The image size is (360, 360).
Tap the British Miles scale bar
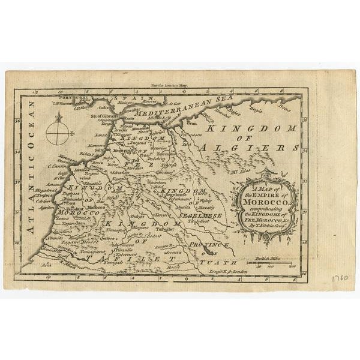[x=273, y=263]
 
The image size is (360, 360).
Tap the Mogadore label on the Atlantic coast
[x=44, y=190]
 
